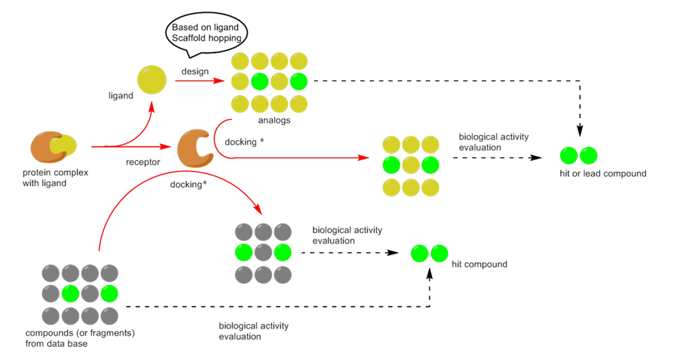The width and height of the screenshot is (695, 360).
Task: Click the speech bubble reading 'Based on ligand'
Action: point(206,32)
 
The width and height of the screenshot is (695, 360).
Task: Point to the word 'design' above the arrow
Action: point(195,71)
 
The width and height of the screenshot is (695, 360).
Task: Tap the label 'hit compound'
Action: point(479,264)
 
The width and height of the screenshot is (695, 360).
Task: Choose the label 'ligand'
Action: point(121,96)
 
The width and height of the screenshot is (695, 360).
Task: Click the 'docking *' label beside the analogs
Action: point(245,141)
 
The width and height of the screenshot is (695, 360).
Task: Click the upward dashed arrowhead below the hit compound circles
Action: point(429,273)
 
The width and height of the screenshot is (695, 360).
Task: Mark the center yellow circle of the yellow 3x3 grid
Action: point(410,166)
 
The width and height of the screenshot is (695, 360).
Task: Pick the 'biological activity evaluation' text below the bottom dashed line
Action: point(253,331)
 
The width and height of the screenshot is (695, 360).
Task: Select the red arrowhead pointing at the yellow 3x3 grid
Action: point(366,157)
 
